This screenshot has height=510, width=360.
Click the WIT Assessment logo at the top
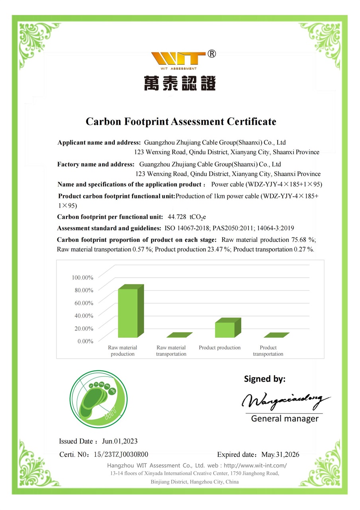click(180, 60)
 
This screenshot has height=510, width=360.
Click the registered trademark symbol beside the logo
click(212, 54)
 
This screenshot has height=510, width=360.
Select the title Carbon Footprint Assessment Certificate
click(181, 122)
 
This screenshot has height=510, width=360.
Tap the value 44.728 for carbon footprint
click(177, 217)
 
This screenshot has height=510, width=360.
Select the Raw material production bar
click(129, 312)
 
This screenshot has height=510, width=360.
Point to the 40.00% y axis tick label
click(84, 316)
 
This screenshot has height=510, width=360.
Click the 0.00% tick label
click(85, 341)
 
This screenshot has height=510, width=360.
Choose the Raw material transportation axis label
click(171, 351)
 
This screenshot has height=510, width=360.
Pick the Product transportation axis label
click(268, 351)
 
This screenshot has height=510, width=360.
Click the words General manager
click(285, 418)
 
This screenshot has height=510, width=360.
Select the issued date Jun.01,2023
click(120, 441)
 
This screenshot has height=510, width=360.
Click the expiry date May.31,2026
click(280, 455)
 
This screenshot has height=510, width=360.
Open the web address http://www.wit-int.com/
click(255, 465)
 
